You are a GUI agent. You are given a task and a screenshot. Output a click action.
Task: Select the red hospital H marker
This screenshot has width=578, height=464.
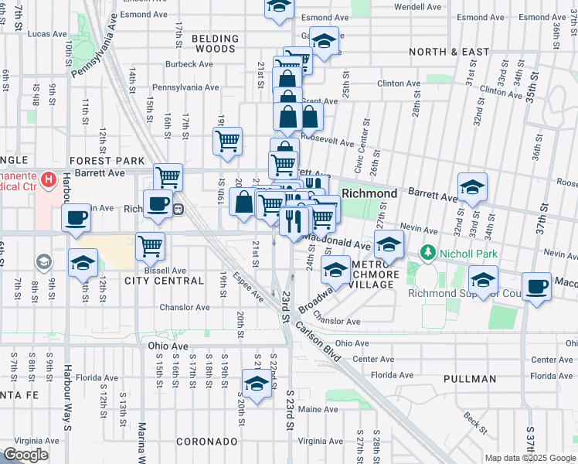(x=49, y=181)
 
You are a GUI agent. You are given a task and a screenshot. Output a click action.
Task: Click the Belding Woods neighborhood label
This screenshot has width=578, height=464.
(x=215, y=43)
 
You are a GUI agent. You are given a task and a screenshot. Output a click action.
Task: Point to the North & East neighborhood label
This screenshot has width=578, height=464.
(x=449, y=52)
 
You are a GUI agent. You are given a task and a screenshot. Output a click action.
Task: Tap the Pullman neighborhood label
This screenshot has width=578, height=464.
(x=470, y=379)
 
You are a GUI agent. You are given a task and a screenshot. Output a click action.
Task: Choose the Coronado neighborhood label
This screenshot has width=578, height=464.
(x=206, y=442)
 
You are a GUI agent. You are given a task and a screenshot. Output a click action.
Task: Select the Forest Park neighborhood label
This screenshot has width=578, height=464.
(x=107, y=160)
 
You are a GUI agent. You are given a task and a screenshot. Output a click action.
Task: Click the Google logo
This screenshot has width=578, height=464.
(x=25, y=455)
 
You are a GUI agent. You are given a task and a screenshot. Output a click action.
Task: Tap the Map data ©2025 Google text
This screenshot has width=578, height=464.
(x=530, y=458)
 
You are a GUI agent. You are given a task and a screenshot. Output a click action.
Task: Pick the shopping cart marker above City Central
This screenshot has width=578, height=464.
(x=150, y=246)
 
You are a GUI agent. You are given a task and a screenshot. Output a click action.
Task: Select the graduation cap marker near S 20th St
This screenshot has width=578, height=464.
(x=257, y=382)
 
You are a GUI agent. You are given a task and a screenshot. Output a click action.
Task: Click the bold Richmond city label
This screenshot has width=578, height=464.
(x=369, y=193)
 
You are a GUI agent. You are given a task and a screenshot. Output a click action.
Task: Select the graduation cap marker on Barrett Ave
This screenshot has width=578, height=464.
(x=472, y=186)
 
